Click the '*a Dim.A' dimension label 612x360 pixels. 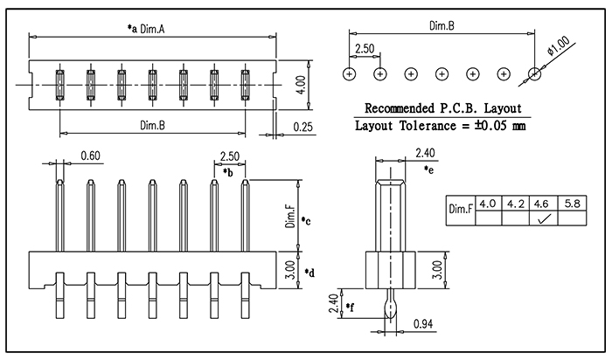146,29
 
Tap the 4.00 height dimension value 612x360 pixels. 302,85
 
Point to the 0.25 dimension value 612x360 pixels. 303,128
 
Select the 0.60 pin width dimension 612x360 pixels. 90,156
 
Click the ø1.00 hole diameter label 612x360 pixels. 559,46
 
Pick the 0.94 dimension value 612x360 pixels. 423,323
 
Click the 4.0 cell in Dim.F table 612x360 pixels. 488,204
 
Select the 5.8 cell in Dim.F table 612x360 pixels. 572,204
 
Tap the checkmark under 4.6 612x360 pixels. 544,218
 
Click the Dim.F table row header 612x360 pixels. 461,209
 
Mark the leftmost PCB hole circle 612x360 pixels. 350,73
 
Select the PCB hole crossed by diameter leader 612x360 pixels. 534,73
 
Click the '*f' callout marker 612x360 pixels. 350,308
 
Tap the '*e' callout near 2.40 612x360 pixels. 428,170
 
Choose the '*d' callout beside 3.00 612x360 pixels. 309,273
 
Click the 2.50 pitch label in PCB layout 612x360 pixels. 365,49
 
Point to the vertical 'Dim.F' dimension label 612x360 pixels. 291,218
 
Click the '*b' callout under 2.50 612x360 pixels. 228,172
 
